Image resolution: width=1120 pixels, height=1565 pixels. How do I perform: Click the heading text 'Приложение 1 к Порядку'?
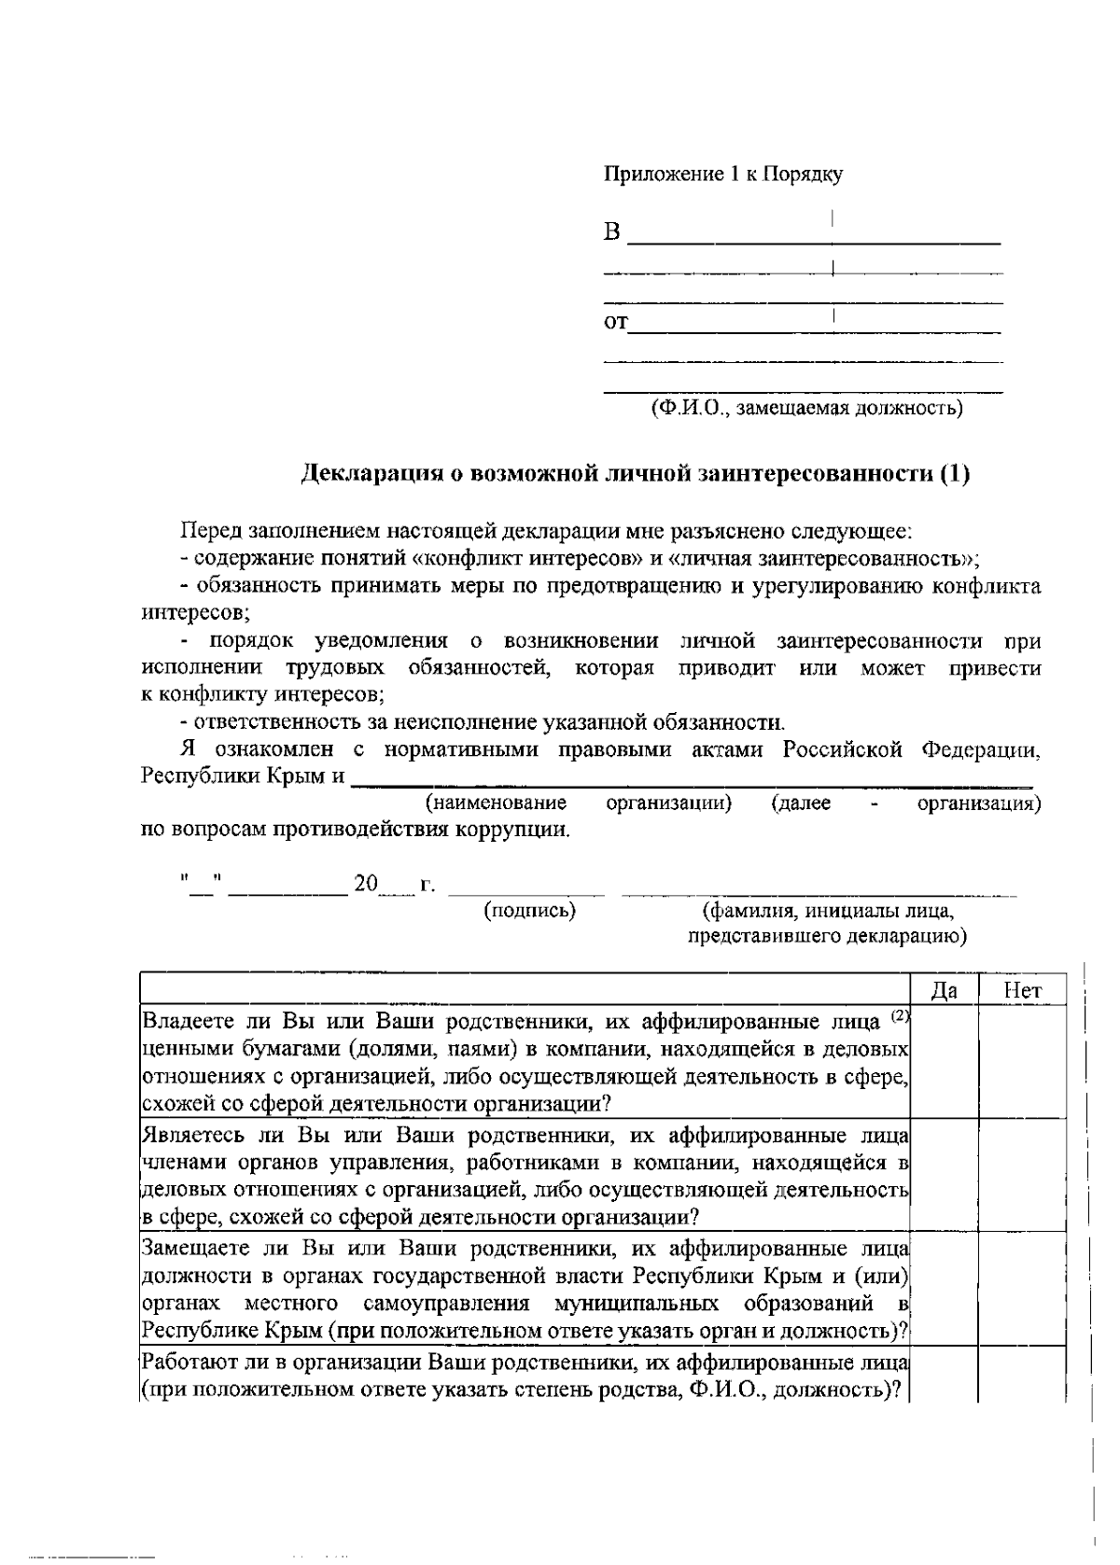(x=723, y=175)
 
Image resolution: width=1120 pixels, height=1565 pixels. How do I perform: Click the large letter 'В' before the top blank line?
(x=612, y=231)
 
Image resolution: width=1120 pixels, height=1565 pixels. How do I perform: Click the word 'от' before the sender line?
(x=616, y=323)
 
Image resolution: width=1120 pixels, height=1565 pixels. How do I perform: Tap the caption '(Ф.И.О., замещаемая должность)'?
(x=806, y=408)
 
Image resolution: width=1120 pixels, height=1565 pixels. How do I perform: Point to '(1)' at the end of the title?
(x=955, y=474)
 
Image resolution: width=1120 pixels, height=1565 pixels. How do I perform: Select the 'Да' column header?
(x=944, y=991)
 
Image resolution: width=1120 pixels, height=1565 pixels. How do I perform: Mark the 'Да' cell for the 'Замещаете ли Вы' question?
(x=944, y=1288)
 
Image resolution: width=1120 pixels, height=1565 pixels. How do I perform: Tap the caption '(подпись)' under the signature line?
(x=529, y=910)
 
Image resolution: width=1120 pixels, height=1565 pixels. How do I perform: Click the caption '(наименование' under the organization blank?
(x=496, y=803)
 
